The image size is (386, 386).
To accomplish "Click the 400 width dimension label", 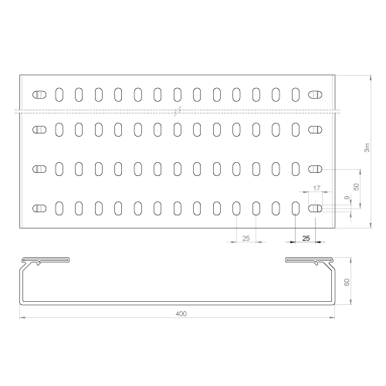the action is [181, 313].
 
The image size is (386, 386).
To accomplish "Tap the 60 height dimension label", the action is [347, 282].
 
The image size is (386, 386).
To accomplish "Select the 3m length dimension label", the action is [367, 147].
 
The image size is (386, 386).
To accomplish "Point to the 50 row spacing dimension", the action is [357, 187].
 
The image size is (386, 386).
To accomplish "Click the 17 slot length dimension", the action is [317, 188].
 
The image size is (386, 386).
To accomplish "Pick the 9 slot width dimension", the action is [347, 198].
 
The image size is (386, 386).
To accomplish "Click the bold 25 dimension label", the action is [306, 239].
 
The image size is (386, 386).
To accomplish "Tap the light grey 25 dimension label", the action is [246, 239].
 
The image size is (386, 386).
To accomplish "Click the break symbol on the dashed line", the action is [178, 111].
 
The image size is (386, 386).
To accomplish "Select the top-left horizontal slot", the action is [39, 95].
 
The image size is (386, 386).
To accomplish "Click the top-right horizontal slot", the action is [315, 95].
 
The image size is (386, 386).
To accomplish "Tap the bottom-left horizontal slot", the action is [39, 208].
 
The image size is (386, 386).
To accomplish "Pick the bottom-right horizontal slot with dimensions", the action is [315, 208].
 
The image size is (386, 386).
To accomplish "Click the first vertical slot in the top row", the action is [59, 95].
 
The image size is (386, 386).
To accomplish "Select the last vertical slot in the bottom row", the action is [296, 208].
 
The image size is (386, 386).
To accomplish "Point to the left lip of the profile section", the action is [46, 260].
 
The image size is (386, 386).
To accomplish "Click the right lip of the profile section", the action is [310, 260].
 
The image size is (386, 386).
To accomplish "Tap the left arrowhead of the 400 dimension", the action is [22, 318].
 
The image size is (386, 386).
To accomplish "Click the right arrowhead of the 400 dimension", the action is [332, 318].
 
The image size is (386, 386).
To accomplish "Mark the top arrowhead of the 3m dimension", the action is [371, 78].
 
